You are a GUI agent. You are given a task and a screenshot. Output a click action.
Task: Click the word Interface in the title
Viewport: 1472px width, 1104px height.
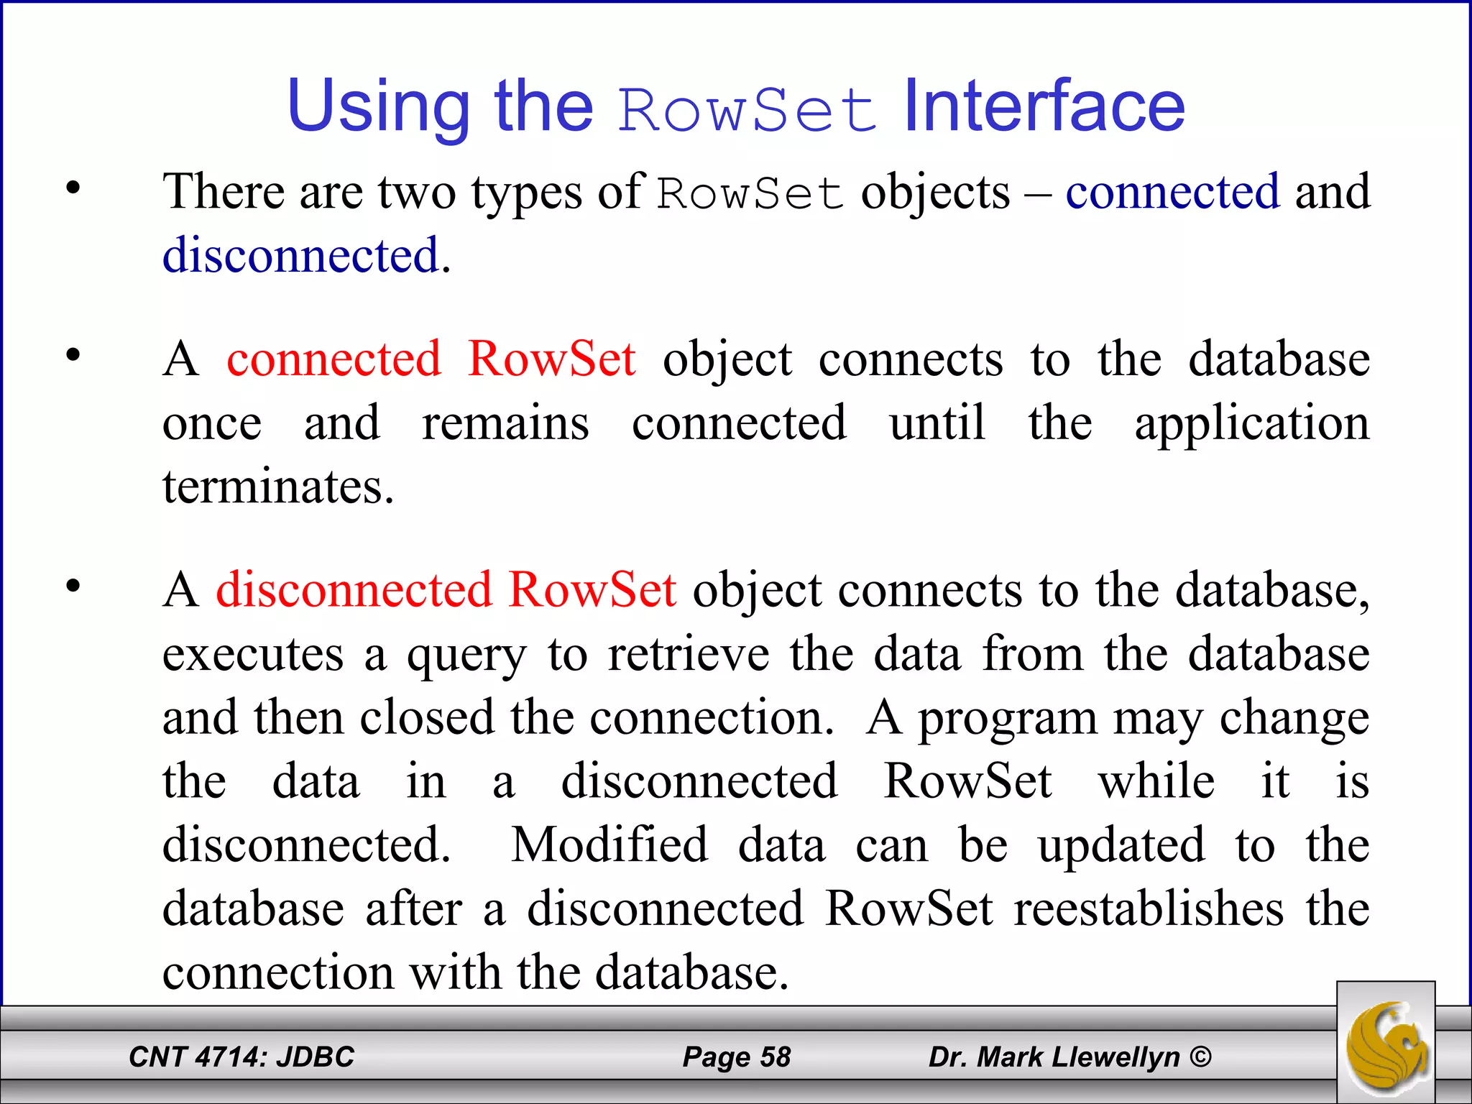[1044, 106]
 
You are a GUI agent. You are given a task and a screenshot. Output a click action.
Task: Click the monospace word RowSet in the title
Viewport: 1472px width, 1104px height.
[747, 111]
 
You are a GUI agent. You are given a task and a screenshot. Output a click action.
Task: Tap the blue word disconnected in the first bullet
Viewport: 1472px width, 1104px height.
[300, 255]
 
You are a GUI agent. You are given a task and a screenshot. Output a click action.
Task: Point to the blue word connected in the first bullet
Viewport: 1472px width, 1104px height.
[1172, 192]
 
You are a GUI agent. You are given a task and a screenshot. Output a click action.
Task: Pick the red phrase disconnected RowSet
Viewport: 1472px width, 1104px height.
[446, 590]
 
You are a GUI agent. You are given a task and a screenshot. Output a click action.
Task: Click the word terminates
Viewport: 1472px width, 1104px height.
[278, 487]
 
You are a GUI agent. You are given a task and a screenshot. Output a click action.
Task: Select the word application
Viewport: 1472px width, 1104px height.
[1252, 424]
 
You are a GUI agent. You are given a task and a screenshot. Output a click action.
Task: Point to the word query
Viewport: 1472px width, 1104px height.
[466, 656]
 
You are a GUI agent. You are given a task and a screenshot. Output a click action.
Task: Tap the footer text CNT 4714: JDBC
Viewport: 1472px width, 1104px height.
[241, 1057]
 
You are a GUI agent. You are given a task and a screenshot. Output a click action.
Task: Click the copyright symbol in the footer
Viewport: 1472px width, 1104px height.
[1200, 1057]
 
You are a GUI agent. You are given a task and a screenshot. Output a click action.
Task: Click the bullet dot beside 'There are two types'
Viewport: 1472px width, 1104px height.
[73, 189]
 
